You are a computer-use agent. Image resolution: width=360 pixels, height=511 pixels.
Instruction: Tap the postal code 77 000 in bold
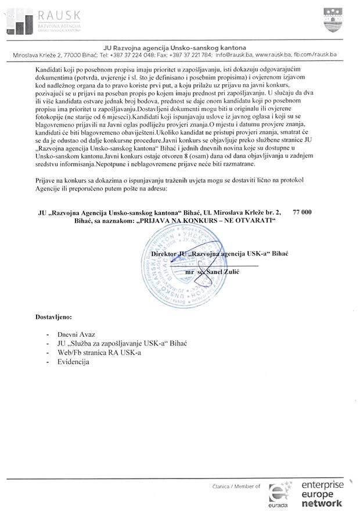(303, 213)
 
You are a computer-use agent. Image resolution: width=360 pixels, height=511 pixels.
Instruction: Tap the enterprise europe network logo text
(322, 493)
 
